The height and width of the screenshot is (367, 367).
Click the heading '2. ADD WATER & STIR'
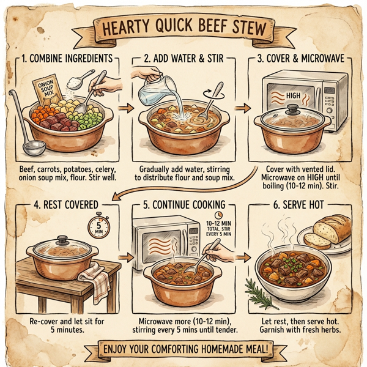coord(182,60)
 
